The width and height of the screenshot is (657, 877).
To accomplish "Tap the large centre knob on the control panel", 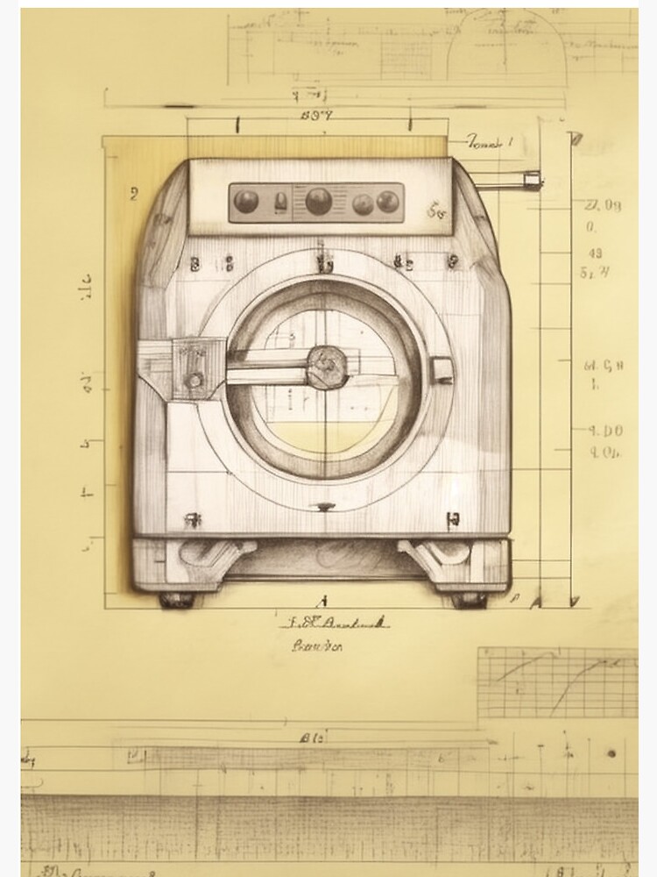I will click(x=318, y=201).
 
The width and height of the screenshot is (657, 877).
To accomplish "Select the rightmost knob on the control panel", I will click(x=387, y=202).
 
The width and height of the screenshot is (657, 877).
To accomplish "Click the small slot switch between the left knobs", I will click(x=279, y=201).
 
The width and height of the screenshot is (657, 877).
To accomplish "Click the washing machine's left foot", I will click(x=177, y=600).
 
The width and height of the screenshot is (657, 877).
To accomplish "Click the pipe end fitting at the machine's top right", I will click(x=531, y=180).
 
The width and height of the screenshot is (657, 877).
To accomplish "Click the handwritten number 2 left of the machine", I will click(x=133, y=194).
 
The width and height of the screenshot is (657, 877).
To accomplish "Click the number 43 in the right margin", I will click(x=595, y=253).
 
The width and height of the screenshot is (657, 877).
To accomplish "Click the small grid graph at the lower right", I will click(x=557, y=682).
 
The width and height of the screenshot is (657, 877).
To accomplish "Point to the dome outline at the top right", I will click(x=506, y=53).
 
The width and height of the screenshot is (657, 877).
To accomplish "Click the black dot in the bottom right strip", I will click(x=611, y=752).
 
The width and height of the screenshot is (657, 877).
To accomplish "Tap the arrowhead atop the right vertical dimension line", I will click(x=575, y=139).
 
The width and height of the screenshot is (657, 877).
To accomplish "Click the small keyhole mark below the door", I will click(x=325, y=506).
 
